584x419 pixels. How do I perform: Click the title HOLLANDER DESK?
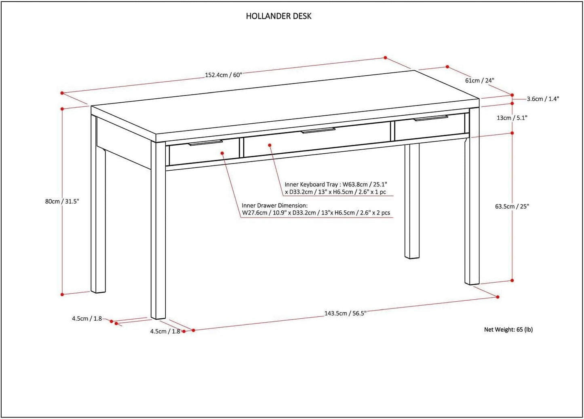[x=278, y=16]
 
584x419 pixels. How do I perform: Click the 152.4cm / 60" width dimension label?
[x=223, y=75]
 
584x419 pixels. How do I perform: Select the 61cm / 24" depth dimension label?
[x=479, y=80]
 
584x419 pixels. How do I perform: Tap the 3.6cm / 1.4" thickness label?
[x=543, y=99]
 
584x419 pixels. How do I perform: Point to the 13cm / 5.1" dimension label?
[x=512, y=118]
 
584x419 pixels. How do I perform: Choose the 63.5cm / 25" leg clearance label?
[x=512, y=206]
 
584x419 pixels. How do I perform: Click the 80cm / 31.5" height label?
[x=62, y=201]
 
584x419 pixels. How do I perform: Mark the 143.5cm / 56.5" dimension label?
[x=345, y=313]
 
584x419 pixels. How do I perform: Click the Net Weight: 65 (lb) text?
[x=508, y=330]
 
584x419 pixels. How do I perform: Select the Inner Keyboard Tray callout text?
[x=335, y=188]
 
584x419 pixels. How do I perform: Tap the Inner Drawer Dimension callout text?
[x=316, y=209]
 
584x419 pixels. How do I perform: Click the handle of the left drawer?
[x=206, y=143]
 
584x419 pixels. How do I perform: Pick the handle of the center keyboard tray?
[x=318, y=130]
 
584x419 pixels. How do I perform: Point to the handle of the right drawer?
[x=430, y=118]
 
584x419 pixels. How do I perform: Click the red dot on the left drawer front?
[x=222, y=153]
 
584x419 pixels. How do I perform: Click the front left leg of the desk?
[x=158, y=231]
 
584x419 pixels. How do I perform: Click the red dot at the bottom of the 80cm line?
[x=62, y=294]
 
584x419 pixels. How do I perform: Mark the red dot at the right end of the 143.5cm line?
[x=498, y=297]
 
